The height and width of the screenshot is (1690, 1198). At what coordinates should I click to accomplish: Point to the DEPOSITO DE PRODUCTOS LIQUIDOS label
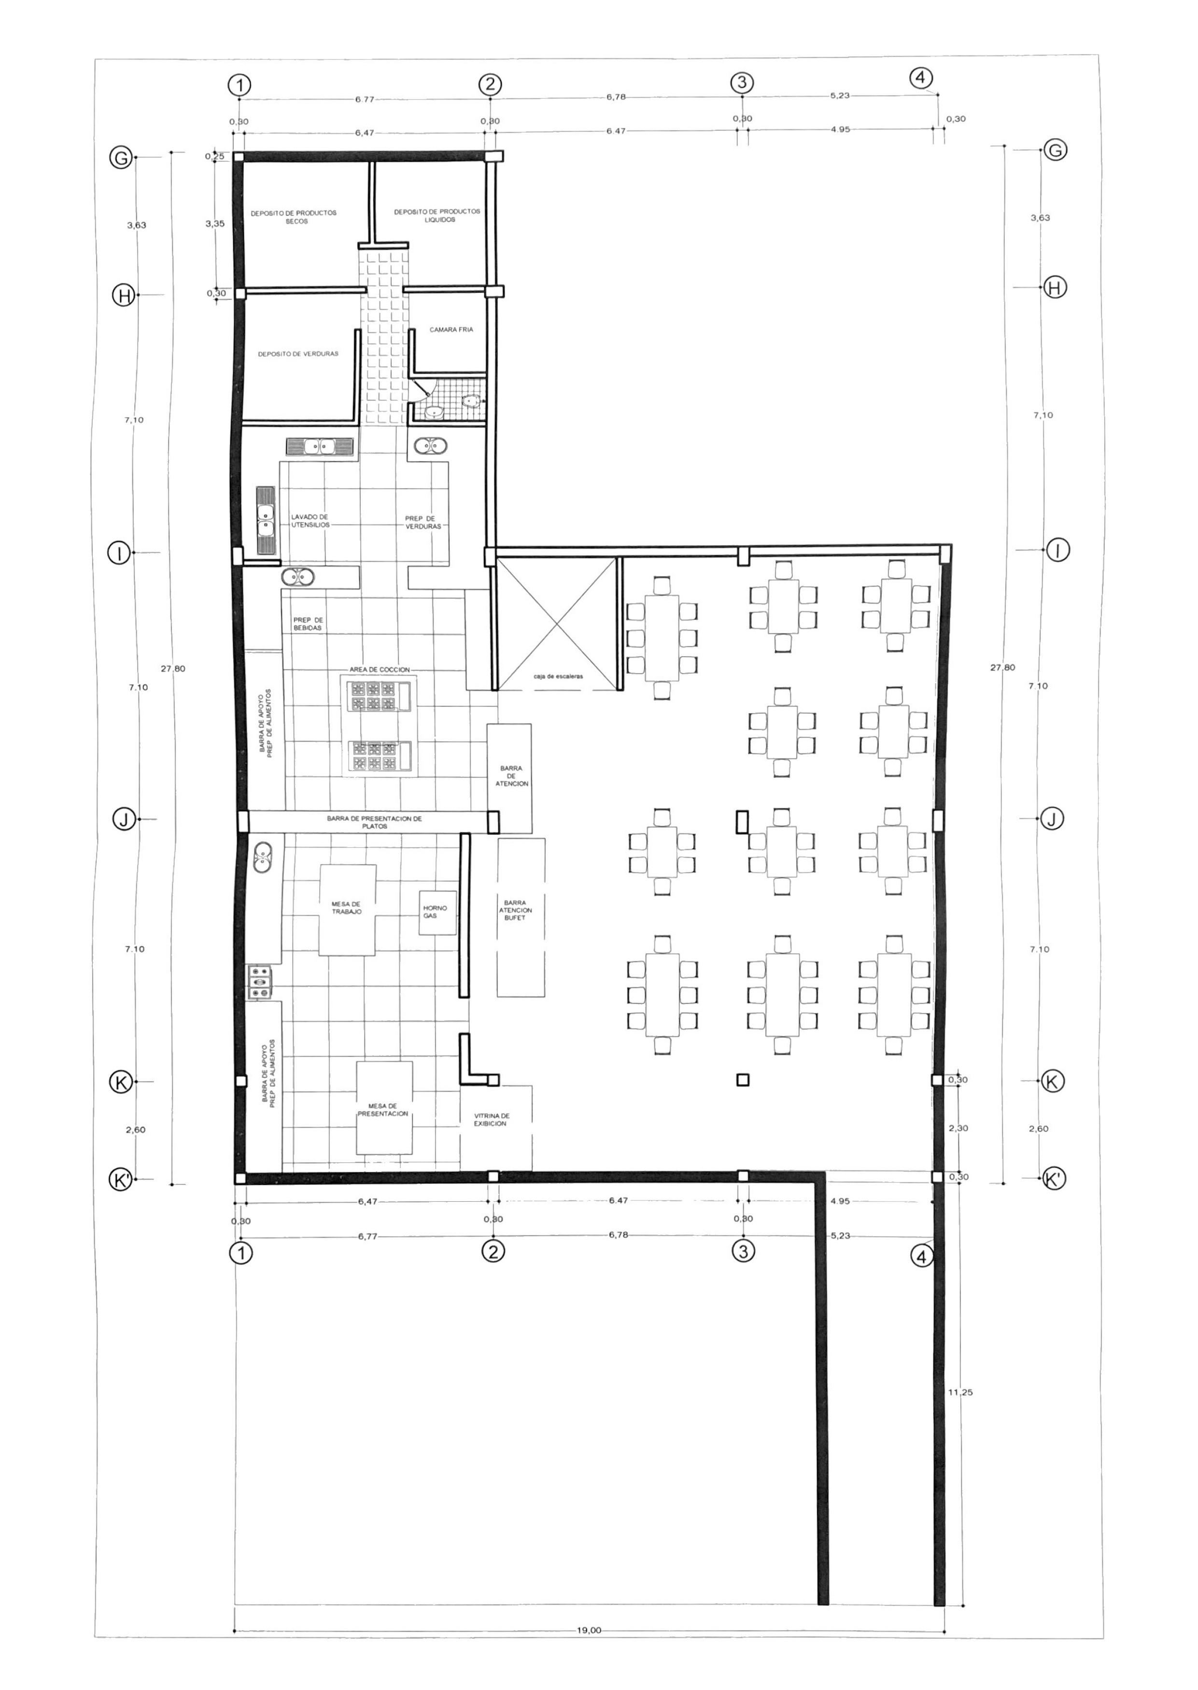pos(437,215)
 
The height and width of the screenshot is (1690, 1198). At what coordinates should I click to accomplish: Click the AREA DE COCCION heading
pos(380,669)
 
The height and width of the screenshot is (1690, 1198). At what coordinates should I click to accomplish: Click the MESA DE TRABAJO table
pos(348,910)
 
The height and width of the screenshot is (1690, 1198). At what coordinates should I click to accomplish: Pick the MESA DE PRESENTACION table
pos(384,1108)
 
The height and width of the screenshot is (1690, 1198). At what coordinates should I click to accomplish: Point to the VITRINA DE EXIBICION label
pos(492,1120)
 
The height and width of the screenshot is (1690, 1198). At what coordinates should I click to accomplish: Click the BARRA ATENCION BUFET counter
pos(521,917)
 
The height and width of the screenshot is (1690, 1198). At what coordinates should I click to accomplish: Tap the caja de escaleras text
pos(558,676)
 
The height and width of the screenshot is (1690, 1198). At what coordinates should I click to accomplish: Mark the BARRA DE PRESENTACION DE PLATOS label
pos(375,822)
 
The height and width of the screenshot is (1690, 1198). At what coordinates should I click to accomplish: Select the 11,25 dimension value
pos(960,1393)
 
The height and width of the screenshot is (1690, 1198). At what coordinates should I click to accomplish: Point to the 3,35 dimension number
pos(215,224)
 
